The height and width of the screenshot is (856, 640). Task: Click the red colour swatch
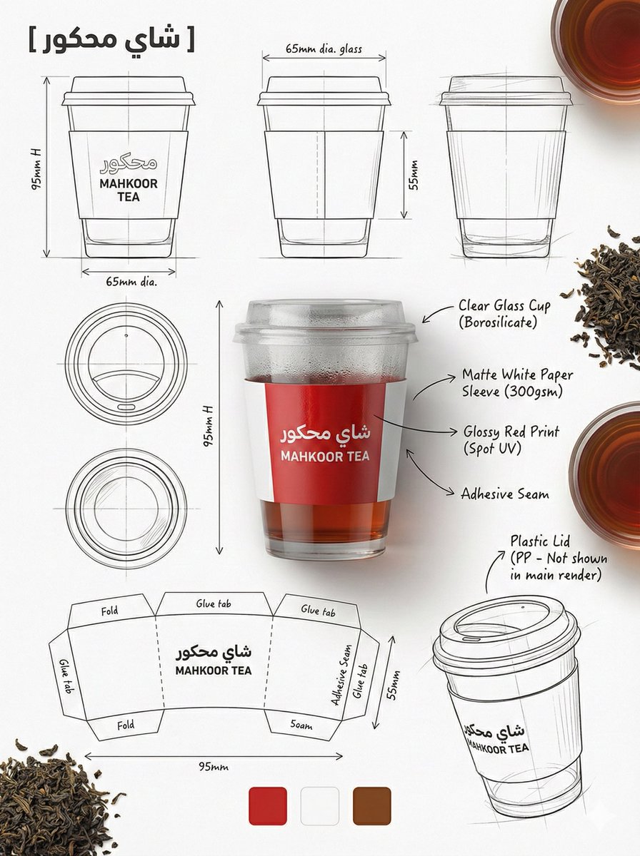click(268, 806)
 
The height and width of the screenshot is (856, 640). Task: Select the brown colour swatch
click(371, 806)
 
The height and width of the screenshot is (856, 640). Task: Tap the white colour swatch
click(320, 806)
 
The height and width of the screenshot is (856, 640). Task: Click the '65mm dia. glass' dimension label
click(324, 49)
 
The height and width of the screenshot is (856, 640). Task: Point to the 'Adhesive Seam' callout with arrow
click(504, 494)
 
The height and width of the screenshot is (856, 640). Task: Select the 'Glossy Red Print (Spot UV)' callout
click(511, 440)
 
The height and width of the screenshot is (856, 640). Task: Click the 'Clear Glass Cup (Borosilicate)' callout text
click(504, 314)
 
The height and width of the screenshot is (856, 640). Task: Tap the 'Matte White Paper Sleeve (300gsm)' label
click(517, 383)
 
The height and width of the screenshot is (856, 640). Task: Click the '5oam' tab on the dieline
click(301, 725)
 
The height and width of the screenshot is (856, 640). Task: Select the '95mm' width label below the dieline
click(214, 767)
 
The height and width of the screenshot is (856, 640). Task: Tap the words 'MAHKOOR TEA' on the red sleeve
click(325, 457)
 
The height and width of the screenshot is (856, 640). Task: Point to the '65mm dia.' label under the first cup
click(131, 282)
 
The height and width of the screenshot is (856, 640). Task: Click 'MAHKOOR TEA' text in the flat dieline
click(213, 671)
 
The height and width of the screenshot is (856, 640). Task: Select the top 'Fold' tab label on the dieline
click(109, 611)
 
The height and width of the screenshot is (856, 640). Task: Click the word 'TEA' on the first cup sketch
click(129, 197)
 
